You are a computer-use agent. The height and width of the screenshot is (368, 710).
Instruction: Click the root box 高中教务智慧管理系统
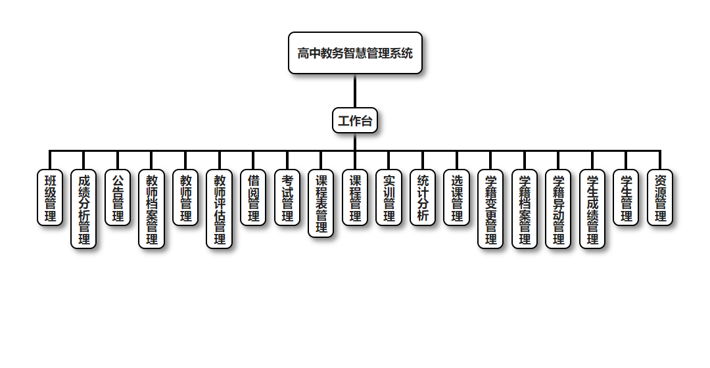[x=355, y=53]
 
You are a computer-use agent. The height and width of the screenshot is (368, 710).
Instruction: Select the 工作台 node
[x=355, y=120]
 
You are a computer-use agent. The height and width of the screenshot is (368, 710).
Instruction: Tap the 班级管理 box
[x=50, y=198]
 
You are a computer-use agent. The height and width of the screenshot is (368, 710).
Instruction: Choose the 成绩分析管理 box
[x=83, y=209]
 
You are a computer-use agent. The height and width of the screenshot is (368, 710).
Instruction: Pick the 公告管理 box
[x=118, y=198]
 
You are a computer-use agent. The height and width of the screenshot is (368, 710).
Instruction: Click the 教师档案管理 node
[x=151, y=209]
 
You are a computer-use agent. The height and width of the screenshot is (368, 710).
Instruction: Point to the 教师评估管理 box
[x=219, y=209]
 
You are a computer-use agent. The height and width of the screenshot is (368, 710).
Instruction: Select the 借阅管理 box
[x=253, y=198]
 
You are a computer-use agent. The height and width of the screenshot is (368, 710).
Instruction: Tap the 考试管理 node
[x=287, y=198]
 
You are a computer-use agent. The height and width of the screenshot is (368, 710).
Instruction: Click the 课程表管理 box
[x=321, y=203]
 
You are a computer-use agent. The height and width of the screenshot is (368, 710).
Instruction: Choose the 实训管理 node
[x=389, y=198]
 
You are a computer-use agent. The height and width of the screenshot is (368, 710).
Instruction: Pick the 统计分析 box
[x=423, y=198]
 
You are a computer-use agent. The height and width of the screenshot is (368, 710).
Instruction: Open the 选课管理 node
[x=457, y=198]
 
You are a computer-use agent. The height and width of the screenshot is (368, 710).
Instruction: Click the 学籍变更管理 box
[x=490, y=209]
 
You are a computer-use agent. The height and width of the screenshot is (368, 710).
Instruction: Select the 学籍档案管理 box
[x=525, y=209]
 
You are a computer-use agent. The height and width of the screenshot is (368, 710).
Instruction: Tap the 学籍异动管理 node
[x=558, y=209]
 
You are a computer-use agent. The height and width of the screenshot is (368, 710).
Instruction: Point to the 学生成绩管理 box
[x=592, y=209]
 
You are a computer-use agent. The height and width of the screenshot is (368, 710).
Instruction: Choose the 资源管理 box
[x=660, y=198]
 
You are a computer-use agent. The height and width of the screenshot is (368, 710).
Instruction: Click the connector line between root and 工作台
[x=355, y=91]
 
